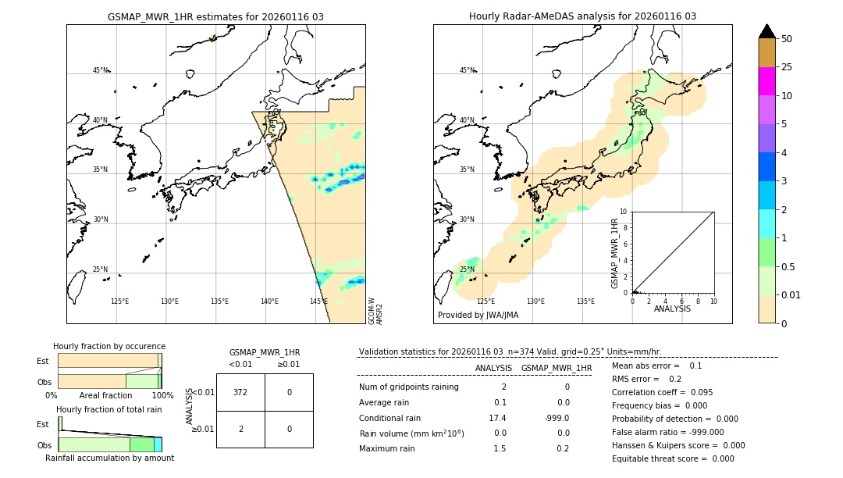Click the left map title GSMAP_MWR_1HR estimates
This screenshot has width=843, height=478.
tap(215, 16)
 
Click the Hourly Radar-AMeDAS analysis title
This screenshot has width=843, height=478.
tap(582, 16)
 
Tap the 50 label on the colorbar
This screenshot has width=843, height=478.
tap(787, 39)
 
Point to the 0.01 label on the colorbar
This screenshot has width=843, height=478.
tap(791, 294)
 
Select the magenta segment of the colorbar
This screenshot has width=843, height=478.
tap(767, 81)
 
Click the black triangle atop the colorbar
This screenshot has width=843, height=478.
tap(767, 31)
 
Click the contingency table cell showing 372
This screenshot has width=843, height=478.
tap(240, 392)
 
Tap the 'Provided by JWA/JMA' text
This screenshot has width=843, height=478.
tap(478, 316)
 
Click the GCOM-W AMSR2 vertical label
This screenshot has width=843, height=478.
tap(375, 310)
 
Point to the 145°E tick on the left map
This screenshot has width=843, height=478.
tap(318, 301)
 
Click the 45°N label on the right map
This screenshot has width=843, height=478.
tap(467, 70)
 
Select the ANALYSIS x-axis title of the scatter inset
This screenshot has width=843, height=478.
tap(672, 309)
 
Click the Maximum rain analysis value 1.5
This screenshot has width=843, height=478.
tap(500, 448)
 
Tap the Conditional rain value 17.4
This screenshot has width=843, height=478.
tap(497, 418)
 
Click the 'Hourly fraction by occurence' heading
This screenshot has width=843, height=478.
tap(109, 346)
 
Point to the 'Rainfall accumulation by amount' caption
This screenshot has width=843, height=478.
tap(109, 458)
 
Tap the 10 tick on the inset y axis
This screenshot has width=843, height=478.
tap(623, 212)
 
